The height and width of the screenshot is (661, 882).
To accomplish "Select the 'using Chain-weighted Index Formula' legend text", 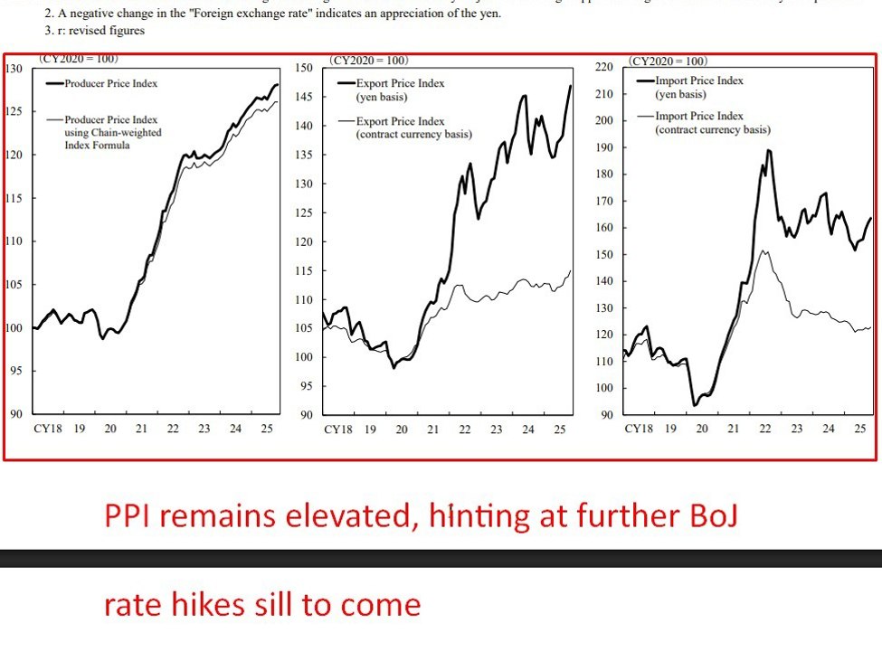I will coord(113,139).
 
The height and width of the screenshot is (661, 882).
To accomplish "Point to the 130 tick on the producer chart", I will coord(14,69).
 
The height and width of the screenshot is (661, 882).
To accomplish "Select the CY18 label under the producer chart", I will coord(47,429).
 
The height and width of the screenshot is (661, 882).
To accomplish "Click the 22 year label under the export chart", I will coord(464,430).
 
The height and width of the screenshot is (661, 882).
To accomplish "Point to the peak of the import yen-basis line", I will coord(769,150).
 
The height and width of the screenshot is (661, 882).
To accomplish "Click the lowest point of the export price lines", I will coord(394,368).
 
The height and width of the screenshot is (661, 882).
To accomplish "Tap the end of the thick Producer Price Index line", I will coord(277,84).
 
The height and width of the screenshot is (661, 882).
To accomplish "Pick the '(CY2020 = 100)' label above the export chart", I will coord(369,61).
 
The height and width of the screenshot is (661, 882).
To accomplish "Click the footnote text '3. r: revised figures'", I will coord(94,30).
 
